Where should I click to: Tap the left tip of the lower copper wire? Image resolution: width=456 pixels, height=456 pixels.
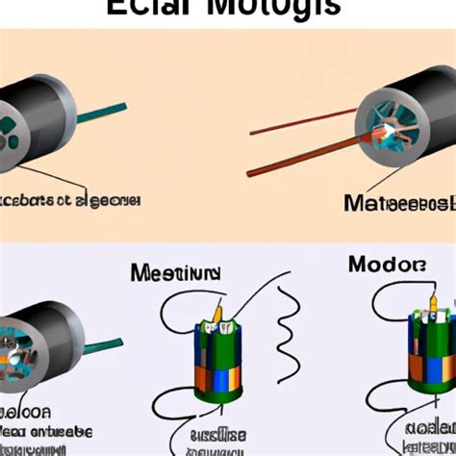pos(250,174)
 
